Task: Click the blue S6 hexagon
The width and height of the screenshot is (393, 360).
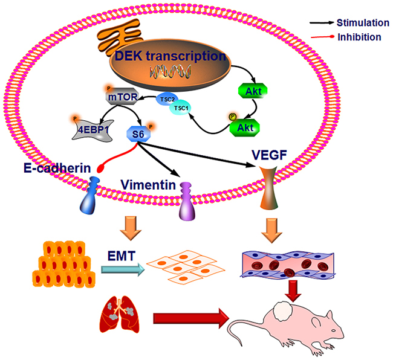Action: tap(140, 133)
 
